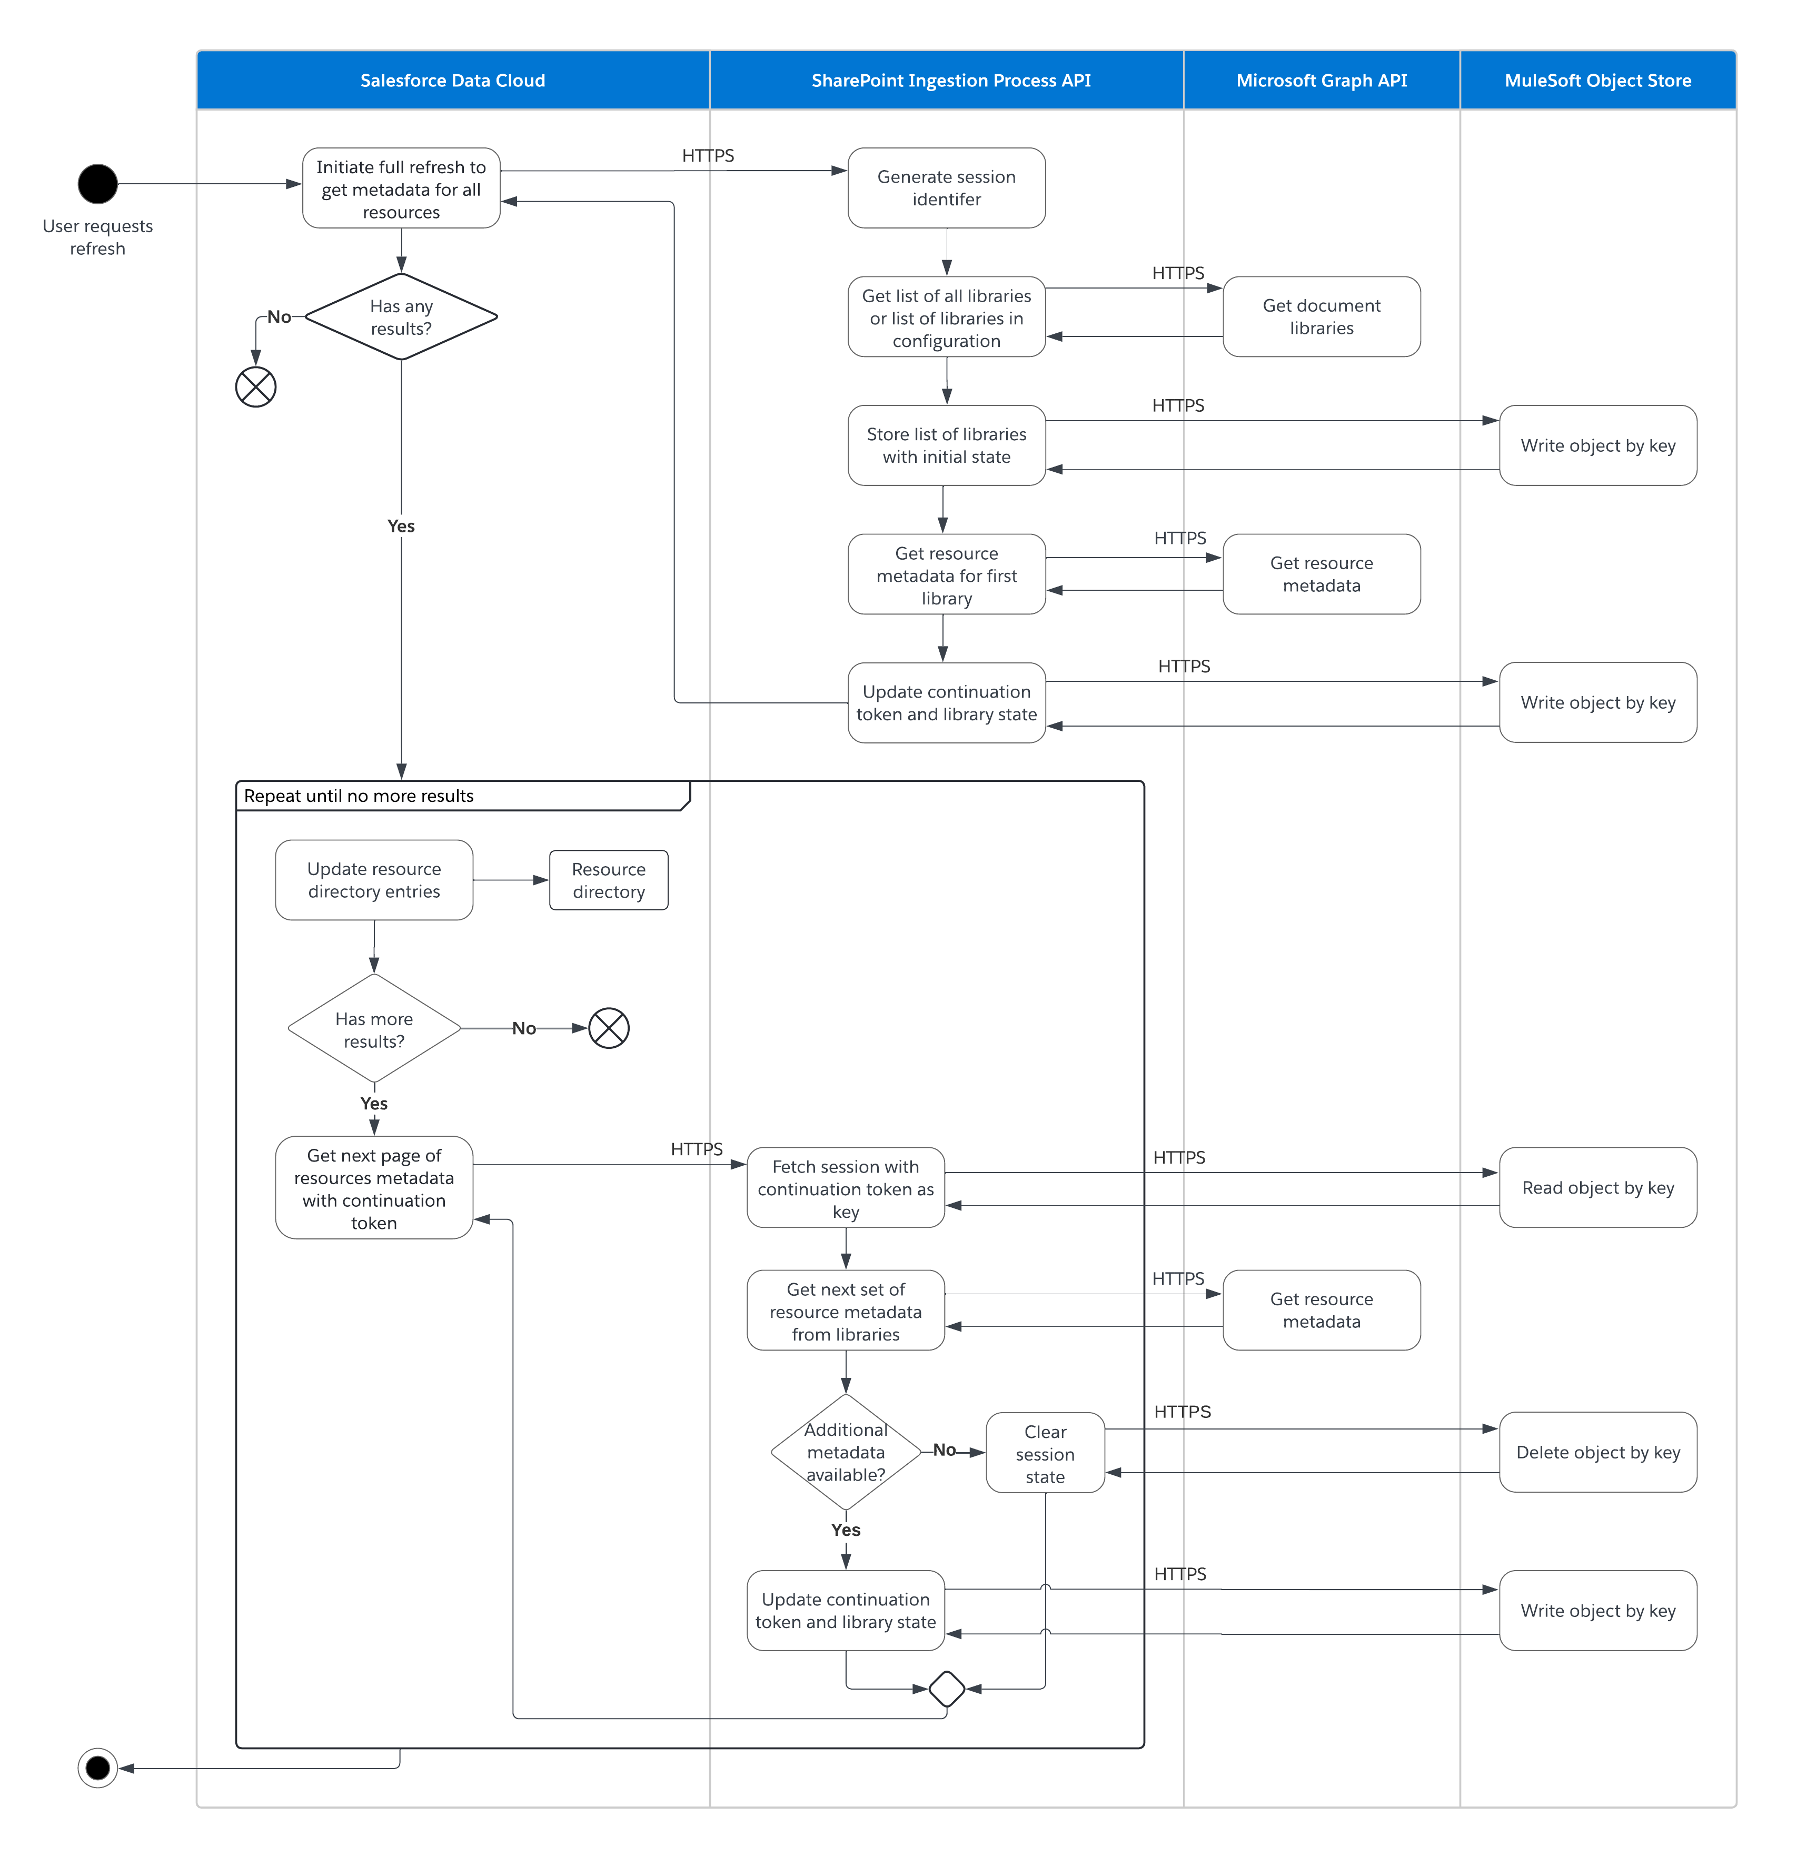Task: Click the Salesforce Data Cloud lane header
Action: pos(453,81)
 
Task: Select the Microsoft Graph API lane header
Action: pos(1321,81)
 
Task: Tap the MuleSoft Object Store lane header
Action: pos(1597,81)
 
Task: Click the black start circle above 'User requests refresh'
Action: pos(97,184)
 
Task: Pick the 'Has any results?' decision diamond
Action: pos(401,317)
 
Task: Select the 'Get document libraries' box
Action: pos(1321,316)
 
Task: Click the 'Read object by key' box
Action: pos(1597,1187)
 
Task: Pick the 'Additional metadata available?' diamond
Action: pos(846,1452)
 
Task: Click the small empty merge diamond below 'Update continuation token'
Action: pos(947,1689)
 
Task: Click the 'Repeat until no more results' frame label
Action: pos(360,796)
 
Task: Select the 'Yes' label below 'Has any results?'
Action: pos(401,525)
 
